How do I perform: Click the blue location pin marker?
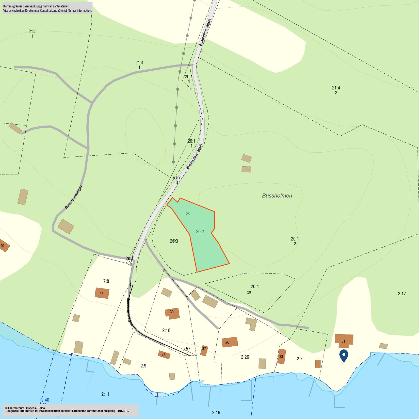click(344, 355)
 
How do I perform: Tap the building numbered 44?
click(102, 293)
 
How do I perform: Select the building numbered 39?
click(172, 313)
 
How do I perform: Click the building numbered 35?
click(230, 342)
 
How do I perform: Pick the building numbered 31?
click(344, 341)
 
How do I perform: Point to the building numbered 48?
click(164, 354)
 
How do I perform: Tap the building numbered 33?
click(281, 356)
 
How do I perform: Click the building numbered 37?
click(204, 350)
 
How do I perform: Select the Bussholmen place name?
click(277, 196)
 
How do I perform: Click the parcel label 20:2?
click(200, 231)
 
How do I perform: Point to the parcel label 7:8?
click(106, 281)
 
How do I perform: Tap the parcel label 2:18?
click(166, 330)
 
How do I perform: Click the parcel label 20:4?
click(255, 286)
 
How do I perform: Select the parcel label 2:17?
click(402, 294)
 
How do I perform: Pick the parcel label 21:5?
click(33, 32)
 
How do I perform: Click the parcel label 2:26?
click(245, 357)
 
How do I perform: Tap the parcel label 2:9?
click(143, 366)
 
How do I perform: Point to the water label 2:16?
click(216, 412)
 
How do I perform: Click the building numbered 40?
click(3, 245)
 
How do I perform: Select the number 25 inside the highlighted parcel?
click(188, 214)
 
